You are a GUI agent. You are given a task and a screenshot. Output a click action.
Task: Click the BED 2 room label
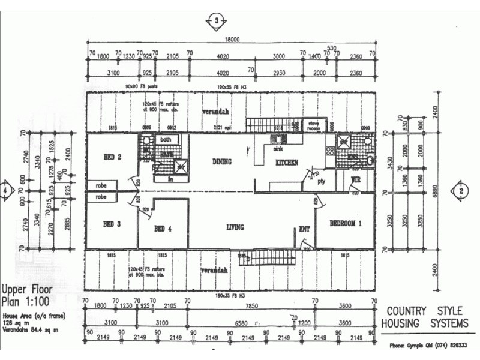[112, 158]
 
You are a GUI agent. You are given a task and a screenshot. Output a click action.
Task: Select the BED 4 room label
[163, 229]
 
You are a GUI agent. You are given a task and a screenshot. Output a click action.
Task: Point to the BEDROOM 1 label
[347, 223]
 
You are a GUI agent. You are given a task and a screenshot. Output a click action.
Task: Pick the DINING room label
[222, 162]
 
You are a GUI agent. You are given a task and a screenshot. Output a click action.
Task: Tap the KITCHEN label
[286, 163]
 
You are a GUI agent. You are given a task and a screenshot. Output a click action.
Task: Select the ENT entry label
[304, 229]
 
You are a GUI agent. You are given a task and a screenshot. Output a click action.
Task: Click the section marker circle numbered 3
[215, 21]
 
